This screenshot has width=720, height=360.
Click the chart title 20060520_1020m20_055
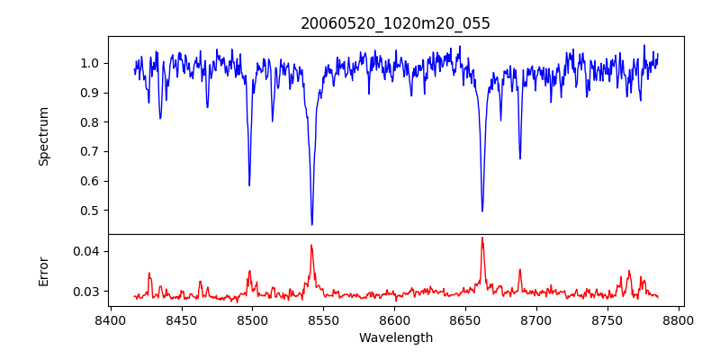coord(395,23)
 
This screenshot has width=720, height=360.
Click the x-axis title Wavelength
coord(395,337)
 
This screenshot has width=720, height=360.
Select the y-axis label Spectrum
coord(43,136)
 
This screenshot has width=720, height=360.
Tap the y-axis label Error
coord(43,271)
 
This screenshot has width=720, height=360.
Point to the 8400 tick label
coord(110,319)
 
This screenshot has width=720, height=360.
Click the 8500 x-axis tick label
coord(252,319)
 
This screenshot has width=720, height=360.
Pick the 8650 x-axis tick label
coord(465,319)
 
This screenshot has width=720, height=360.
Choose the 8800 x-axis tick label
coord(679,319)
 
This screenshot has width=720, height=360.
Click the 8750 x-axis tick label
coord(607,319)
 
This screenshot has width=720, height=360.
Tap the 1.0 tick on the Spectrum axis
coord(90,63)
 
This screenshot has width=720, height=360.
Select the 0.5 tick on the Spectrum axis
coord(90,211)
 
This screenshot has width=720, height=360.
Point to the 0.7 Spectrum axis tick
coord(90,151)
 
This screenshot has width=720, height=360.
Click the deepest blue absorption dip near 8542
coord(311,224)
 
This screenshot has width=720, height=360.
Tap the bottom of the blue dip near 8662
coord(482,211)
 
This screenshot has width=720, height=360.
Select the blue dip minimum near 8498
coord(249,185)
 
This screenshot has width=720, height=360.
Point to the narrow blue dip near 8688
coord(519,158)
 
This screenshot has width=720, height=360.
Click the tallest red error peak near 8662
coord(482,238)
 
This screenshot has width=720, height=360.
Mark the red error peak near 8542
coord(311,245)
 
